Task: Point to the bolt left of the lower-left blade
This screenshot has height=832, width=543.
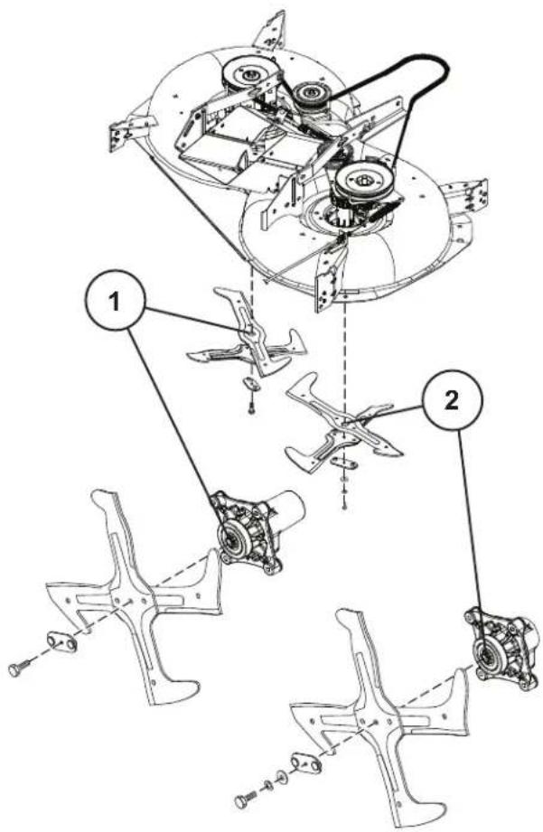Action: [x=19, y=670]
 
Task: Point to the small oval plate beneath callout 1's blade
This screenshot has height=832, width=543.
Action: [x=249, y=383]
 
